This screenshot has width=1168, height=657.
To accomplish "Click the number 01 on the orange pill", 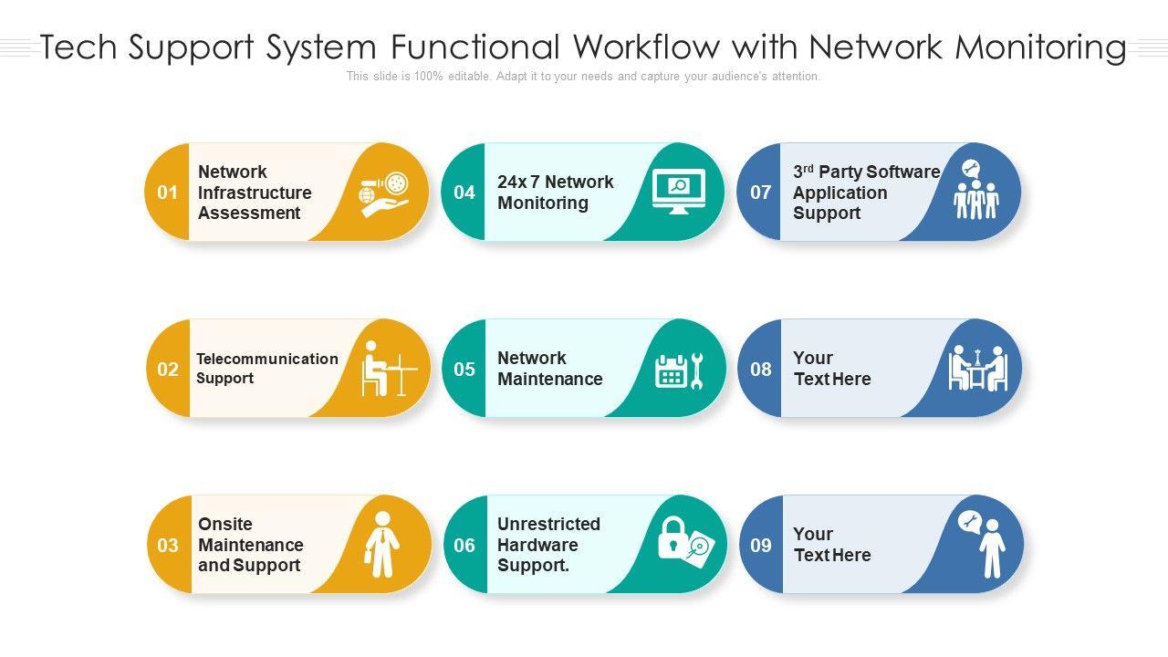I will click(167, 193).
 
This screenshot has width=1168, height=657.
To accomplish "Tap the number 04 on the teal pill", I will click(464, 193).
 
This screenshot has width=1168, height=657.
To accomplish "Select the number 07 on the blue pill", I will click(761, 193).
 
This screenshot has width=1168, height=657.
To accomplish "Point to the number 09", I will click(761, 546).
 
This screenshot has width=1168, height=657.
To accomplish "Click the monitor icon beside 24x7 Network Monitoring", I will click(679, 192).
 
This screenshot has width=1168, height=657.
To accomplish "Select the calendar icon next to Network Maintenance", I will click(671, 371).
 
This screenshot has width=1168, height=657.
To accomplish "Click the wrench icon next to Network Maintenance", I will click(697, 370).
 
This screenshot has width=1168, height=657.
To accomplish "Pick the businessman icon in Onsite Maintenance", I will click(381, 545).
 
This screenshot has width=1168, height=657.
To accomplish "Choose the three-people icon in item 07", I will click(976, 197).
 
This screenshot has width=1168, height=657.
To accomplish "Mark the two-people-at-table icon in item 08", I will click(978, 369).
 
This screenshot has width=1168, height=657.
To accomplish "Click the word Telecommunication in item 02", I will click(267, 359).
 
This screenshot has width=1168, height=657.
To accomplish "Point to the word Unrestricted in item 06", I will click(548, 524).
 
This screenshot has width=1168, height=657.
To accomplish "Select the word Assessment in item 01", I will click(249, 214).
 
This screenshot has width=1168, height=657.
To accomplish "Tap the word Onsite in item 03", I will click(225, 524).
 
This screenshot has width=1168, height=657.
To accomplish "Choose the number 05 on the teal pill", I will click(464, 370).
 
